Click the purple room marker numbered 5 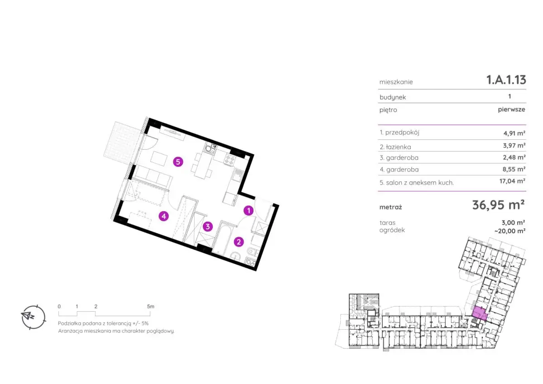178,162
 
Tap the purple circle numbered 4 164,216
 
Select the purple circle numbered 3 208,227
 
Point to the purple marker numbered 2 238,242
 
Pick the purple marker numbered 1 248,210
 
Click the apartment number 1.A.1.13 506,80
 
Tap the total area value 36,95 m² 498,205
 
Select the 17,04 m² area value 512,181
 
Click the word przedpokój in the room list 402,133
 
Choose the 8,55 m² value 514,169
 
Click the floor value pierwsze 511,109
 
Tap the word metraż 391,208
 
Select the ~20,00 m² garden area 510,231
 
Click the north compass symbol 33,317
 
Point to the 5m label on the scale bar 151,307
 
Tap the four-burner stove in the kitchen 229,160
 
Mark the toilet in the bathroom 252,252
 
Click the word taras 387,223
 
